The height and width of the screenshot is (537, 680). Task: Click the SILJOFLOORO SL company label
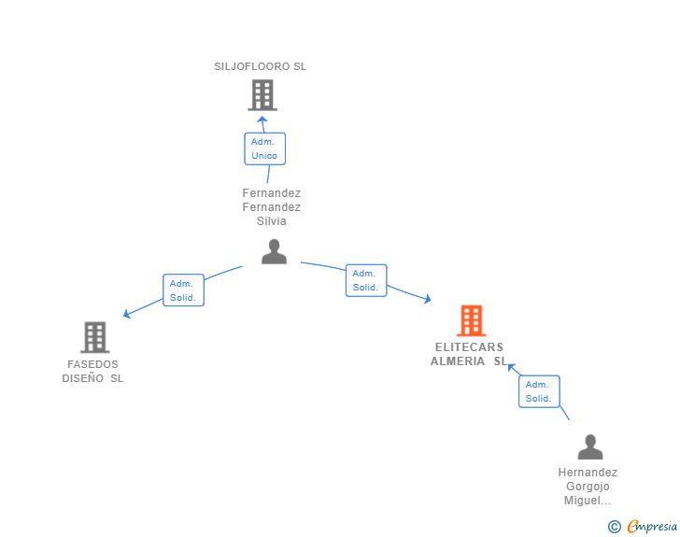point(261,66)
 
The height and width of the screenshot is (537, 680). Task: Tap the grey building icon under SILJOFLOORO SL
point(262,95)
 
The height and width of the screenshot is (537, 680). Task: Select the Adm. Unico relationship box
point(265,148)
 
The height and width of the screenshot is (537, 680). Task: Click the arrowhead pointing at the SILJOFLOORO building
point(262,120)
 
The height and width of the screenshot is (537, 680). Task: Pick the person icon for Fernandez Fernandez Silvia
point(274,251)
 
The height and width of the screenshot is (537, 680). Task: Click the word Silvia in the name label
point(272,221)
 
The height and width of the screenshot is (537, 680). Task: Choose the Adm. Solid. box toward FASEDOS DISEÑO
point(183,290)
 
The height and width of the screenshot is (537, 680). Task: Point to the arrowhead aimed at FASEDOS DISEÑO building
point(127,314)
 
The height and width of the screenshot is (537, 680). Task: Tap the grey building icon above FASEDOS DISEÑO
point(95,337)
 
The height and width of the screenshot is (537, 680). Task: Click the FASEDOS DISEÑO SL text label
point(92,372)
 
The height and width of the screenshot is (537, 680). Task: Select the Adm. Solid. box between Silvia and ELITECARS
point(366,280)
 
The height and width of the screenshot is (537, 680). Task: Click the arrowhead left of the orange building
point(428,299)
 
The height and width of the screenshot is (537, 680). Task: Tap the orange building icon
point(472,320)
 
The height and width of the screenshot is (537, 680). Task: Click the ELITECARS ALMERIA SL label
point(469,354)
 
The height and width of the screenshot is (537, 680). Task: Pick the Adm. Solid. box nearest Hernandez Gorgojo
point(539,391)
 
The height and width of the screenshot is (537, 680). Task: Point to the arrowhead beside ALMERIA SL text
point(511,368)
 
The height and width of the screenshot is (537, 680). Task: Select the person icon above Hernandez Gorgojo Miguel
point(590,446)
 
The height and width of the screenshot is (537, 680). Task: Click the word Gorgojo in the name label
point(588,487)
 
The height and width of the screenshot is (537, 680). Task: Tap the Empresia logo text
point(652,527)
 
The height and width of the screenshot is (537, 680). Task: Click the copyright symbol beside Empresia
point(614,527)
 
